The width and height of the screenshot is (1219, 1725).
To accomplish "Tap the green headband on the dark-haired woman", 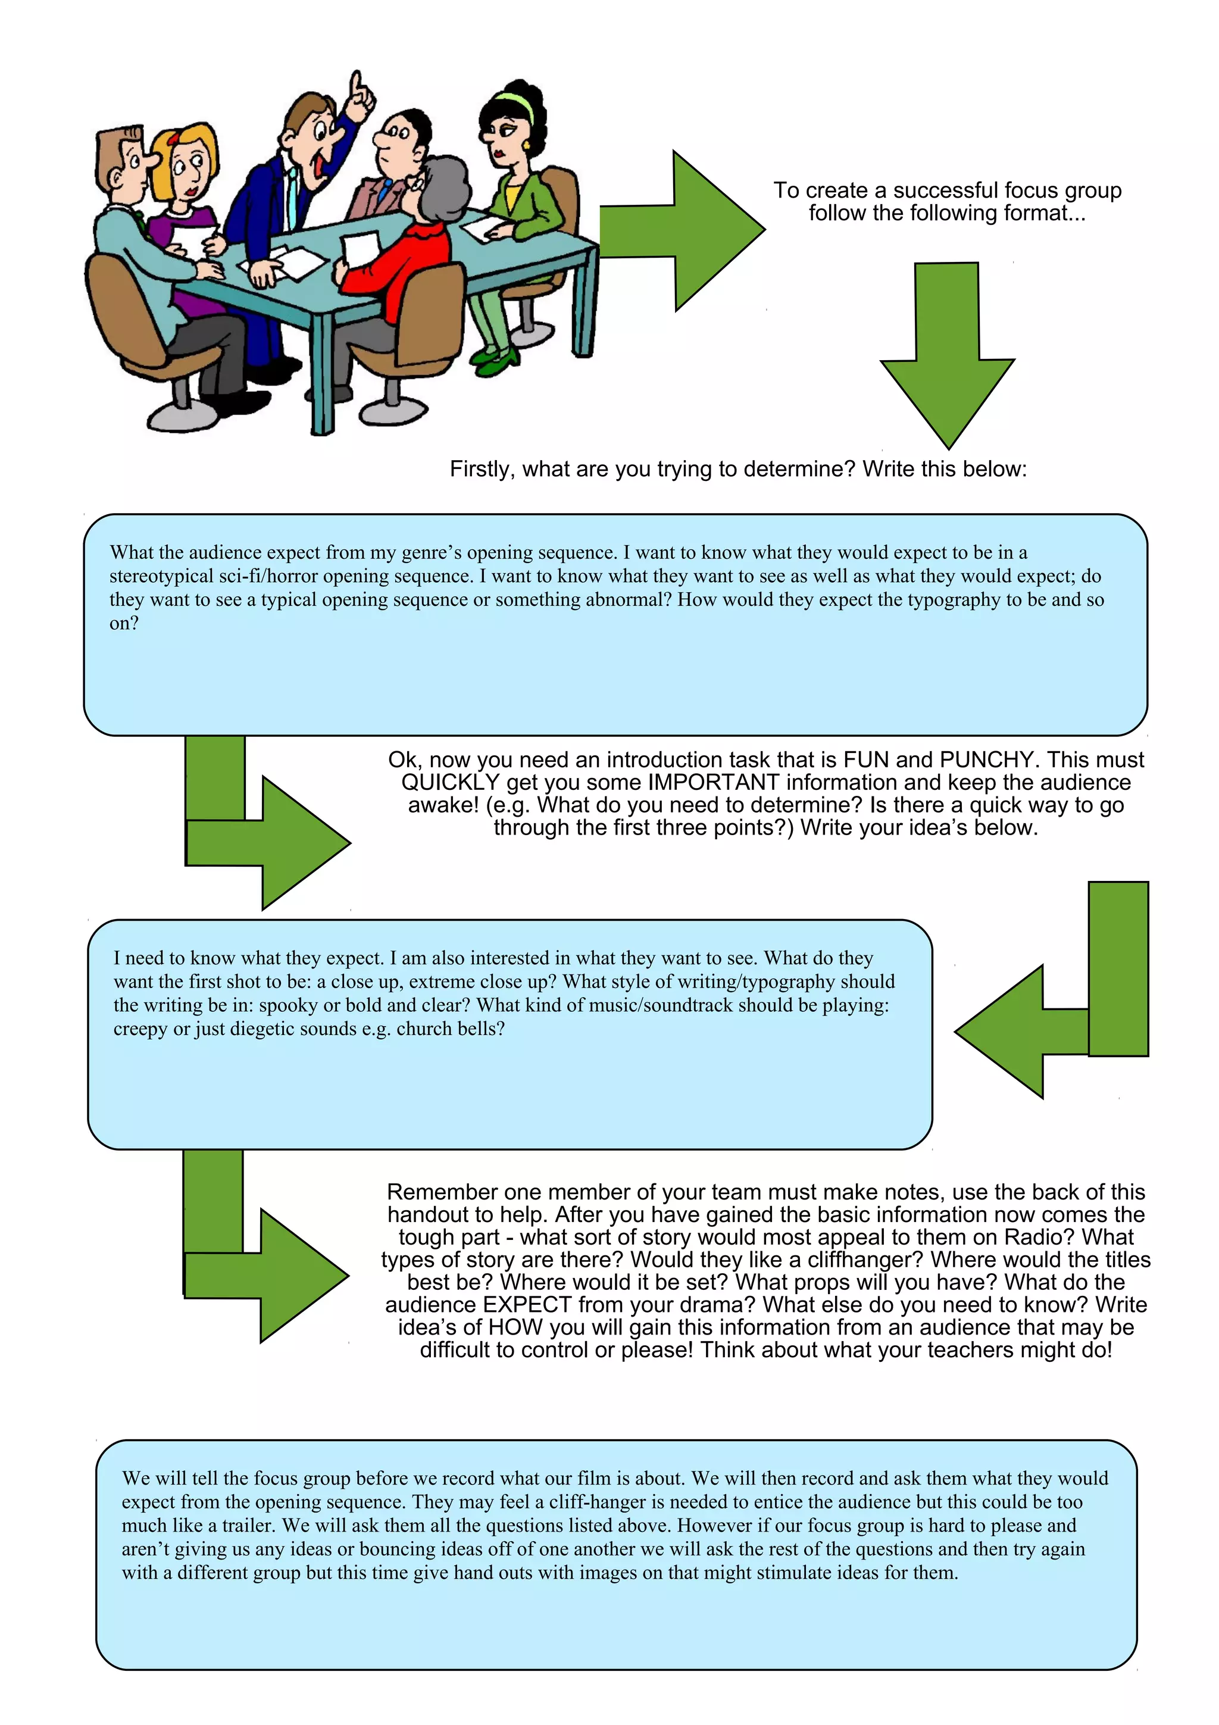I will click(x=513, y=104).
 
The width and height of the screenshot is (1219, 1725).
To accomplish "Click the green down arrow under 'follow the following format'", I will click(x=947, y=353).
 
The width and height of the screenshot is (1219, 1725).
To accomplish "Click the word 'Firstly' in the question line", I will click(x=482, y=470).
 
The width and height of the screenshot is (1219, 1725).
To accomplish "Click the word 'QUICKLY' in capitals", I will click(x=450, y=783).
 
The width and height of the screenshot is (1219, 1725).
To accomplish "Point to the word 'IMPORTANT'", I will click(x=713, y=783).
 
